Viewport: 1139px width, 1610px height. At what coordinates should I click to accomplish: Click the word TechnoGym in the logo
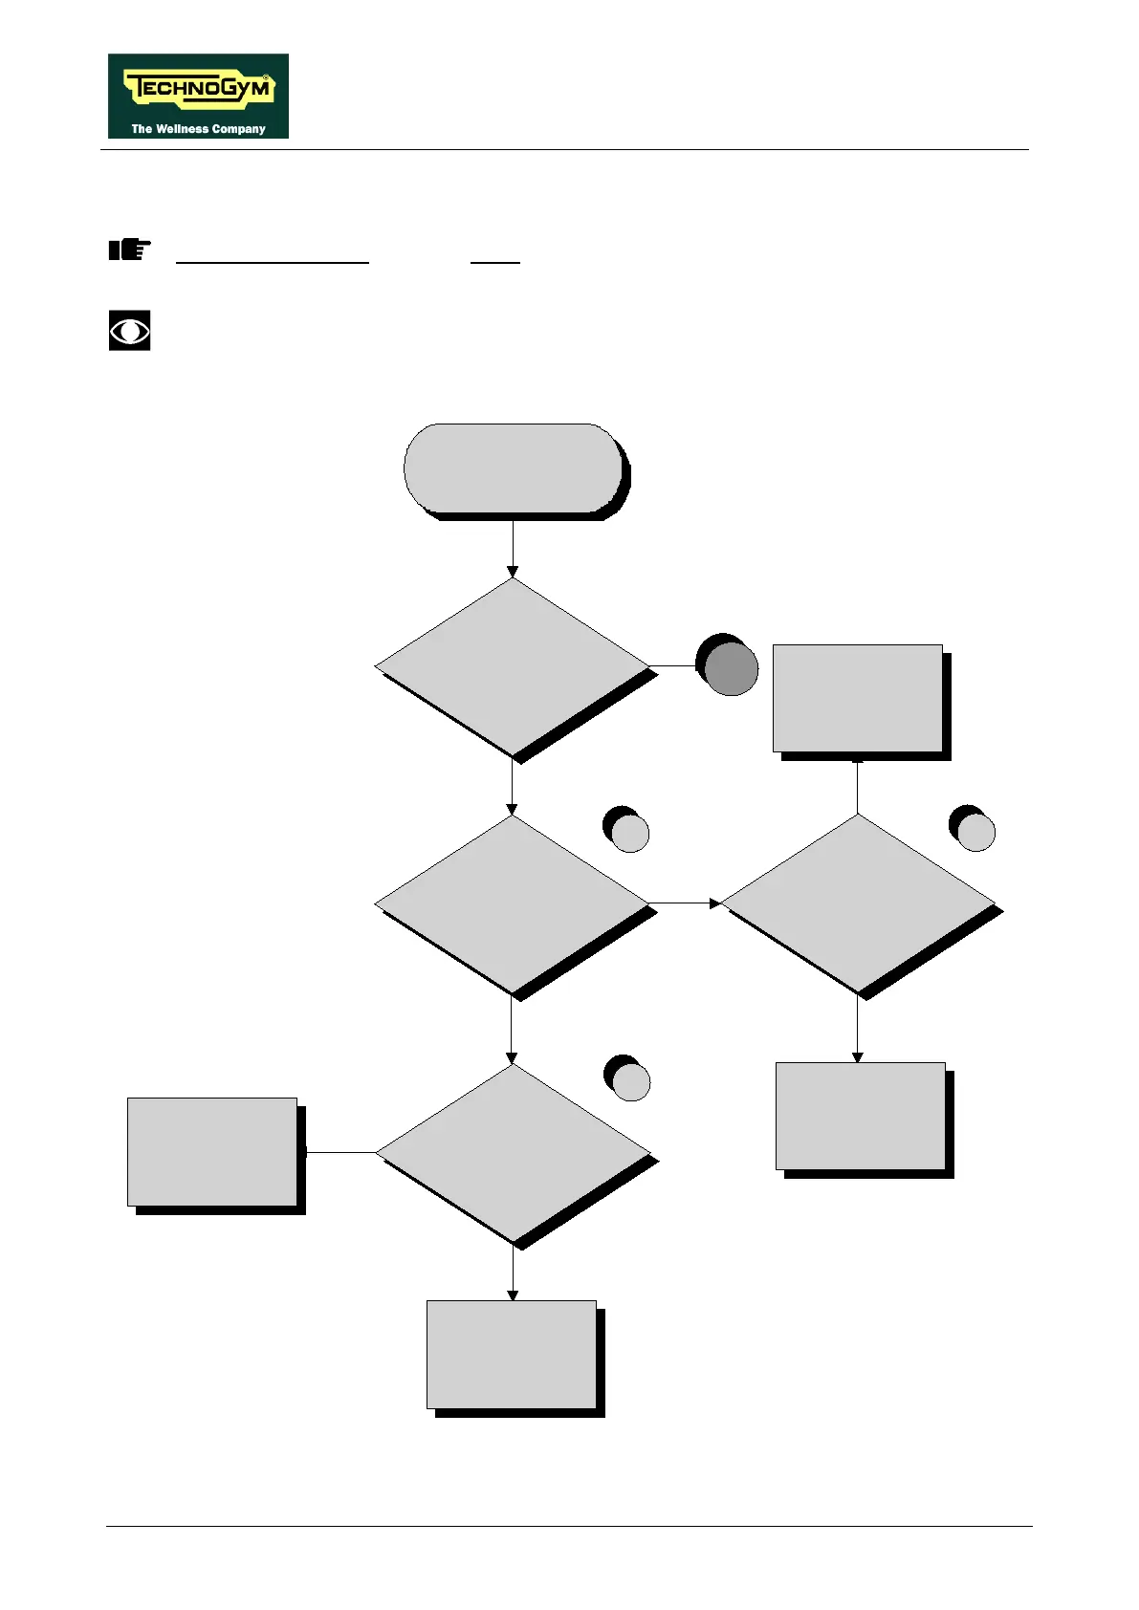pos(199,90)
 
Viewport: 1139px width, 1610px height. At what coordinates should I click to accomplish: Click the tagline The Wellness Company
pos(198,128)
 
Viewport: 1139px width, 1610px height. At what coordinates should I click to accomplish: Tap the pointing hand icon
pos(129,250)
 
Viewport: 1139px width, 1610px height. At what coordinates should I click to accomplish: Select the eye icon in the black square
pos(130,331)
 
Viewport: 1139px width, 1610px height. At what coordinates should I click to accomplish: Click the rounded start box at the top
pos(514,468)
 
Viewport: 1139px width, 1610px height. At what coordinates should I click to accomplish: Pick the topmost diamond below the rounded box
pos(513,666)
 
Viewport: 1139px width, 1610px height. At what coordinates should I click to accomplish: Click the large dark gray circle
pos(730,667)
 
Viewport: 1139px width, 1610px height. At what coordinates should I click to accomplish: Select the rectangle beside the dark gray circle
pos(858,698)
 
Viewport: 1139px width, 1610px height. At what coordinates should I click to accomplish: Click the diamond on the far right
pos(858,903)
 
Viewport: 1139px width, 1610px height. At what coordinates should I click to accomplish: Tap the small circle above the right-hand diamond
pos(975,831)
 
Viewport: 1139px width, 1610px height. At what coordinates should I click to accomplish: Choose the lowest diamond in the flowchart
pos(513,1153)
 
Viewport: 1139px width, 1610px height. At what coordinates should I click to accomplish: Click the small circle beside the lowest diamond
pos(630,1080)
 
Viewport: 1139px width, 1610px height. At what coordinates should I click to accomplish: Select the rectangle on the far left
pos(212,1152)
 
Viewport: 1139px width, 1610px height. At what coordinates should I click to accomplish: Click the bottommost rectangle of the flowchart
pos(512,1354)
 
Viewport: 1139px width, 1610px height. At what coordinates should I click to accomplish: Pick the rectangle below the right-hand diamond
pos(860,1116)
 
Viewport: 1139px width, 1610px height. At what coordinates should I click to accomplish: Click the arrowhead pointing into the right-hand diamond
pos(715,903)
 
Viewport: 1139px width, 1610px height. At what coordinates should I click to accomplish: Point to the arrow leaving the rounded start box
pos(513,547)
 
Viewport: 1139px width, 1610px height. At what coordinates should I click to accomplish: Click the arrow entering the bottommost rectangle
pos(513,1272)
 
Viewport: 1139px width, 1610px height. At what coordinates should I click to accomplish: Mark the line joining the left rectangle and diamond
pos(340,1152)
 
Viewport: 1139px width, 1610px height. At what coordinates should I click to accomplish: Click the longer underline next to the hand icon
pos(273,262)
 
